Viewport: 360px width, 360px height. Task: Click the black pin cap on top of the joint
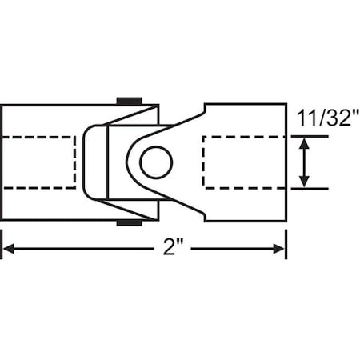click(130, 101)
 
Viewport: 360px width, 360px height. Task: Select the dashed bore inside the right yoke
click(244, 162)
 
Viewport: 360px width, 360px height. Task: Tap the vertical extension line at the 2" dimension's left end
click(2, 240)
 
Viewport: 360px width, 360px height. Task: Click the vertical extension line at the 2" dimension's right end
click(286, 240)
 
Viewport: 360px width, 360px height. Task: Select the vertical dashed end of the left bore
click(76, 162)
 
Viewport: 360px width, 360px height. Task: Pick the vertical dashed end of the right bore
click(205, 162)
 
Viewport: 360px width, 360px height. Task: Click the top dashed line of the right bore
click(244, 137)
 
